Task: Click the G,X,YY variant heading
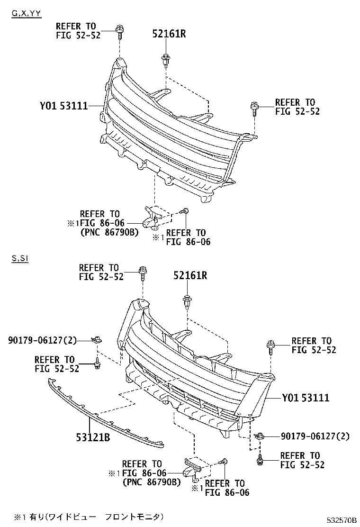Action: pyautogui.click(x=27, y=14)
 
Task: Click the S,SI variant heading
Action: pyautogui.click(x=20, y=259)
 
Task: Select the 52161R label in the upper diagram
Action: pyautogui.click(x=169, y=34)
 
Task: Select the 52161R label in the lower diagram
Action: pyautogui.click(x=189, y=275)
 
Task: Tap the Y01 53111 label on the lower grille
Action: pyautogui.click(x=305, y=398)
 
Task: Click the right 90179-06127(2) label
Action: pyautogui.click(x=315, y=436)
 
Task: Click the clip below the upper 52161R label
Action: pyautogui.click(x=166, y=60)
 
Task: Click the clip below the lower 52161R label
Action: pyautogui.click(x=187, y=302)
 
